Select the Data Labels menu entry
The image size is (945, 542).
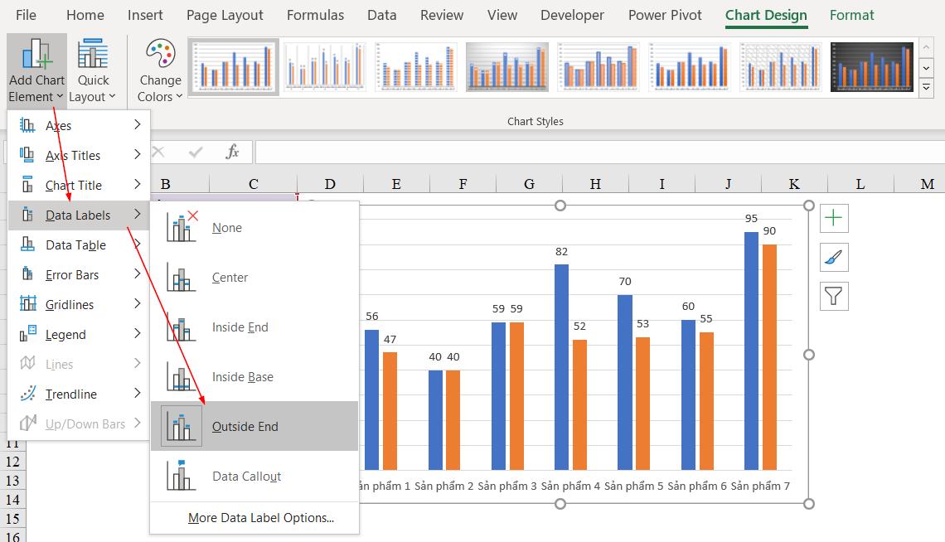pos(78,215)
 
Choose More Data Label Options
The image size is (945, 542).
pos(260,518)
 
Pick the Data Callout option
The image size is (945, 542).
pos(246,476)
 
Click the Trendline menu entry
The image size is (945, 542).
pos(71,394)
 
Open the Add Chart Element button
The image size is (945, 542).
pos(36,70)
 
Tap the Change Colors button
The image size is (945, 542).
pos(160,70)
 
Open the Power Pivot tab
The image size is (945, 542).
pos(665,15)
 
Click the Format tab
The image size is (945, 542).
pos(851,15)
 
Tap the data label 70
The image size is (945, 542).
pos(625,282)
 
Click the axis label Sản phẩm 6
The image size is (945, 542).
pos(697,486)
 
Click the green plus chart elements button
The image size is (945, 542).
pos(834,219)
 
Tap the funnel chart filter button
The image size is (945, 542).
pos(834,295)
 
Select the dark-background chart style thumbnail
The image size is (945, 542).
pos(871,67)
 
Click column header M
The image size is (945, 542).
pos(927,184)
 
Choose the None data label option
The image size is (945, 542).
pos(227,228)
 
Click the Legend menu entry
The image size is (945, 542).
pos(65,335)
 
